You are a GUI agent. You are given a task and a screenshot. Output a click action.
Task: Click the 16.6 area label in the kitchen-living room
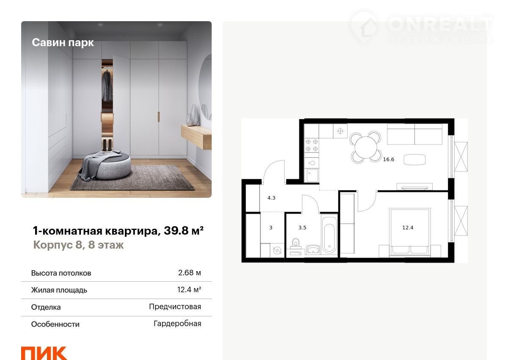tap(389, 160)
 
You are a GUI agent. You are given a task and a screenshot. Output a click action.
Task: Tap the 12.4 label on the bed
tap(408, 227)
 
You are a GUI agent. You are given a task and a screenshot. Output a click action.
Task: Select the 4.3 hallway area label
tap(271, 198)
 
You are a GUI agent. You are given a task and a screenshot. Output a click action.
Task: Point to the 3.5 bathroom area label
tap(302, 227)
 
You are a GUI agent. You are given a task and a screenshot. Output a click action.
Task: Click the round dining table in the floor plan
tap(365, 147)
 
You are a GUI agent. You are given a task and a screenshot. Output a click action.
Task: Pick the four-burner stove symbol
tap(312, 145)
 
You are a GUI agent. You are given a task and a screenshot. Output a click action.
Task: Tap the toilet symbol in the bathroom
tap(295, 243)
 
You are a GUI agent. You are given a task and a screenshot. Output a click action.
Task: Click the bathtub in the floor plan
tap(329, 235)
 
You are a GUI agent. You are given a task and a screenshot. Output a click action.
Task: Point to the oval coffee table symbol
tap(414, 160)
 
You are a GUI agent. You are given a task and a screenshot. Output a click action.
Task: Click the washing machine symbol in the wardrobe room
tap(277, 250)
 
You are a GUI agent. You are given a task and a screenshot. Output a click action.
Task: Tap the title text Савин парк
tap(63, 43)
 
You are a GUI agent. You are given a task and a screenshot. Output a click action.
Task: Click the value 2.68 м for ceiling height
tap(189, 272)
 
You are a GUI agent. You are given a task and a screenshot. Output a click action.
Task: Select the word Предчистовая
tap(175, 307)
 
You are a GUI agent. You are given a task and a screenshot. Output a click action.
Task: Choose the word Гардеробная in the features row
tap(177, 324)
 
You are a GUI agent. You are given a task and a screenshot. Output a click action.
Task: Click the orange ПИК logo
tap(44, 353)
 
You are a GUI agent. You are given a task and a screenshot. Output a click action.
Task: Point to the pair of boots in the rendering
tap(107, 145)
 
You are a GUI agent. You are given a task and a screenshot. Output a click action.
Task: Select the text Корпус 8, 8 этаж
tap(78, 245)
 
